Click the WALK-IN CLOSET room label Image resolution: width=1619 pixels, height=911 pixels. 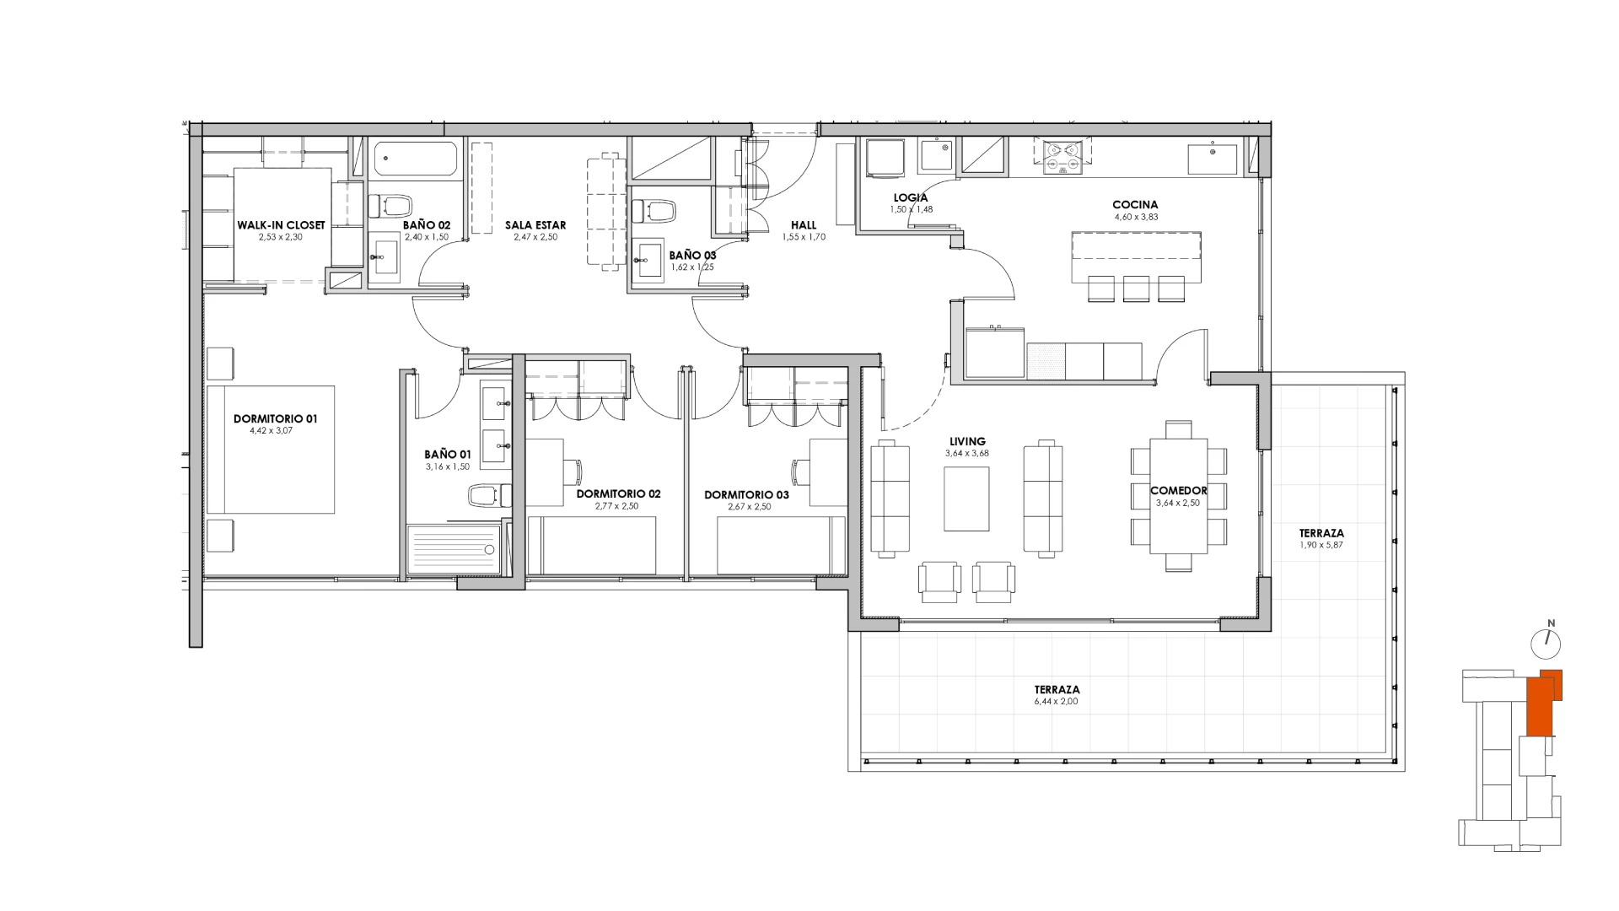click(x=281, y=225)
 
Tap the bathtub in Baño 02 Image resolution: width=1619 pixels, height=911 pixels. click(x=416, y=159)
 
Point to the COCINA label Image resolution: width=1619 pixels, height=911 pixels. click(x=1135, y=205)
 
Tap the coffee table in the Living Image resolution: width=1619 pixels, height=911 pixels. click(x=966, y=499)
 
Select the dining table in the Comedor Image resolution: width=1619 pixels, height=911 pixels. click(x=1179, y=497)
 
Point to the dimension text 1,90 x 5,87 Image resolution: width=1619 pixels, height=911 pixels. click(x=1321, y=546)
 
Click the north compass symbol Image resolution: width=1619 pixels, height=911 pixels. click(x=1547, y=642)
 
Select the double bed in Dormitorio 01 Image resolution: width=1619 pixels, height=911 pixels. click(x=271, y=450)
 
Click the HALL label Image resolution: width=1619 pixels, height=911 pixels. click(x=803, y=225)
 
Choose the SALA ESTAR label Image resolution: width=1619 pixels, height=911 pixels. click(x=535, y=225)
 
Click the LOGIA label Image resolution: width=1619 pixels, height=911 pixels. click(x=911, y=198)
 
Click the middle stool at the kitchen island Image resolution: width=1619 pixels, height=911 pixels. click(x=1137, y=288)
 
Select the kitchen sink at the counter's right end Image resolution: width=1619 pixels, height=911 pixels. click(x=1212, y=159)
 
